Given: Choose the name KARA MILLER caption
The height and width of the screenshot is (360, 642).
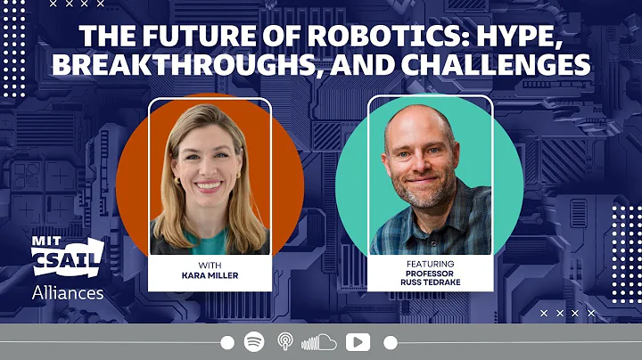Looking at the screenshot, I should (x=209, y=275).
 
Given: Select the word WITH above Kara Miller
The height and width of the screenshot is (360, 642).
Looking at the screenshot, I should (x=209, y=265).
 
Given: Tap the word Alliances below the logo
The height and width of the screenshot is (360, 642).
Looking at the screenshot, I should (x=68, y=292).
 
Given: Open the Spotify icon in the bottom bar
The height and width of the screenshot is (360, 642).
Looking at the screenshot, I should (x=254, y=342).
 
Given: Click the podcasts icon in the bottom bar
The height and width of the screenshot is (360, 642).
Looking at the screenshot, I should (x=285, y=342).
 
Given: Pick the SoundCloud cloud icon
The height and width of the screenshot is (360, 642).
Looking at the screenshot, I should (x=318, y=342).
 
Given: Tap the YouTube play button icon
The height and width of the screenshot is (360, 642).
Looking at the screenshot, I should (x=358, y=342).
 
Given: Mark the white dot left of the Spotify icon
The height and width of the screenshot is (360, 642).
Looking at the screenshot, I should (x=227, y=342).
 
